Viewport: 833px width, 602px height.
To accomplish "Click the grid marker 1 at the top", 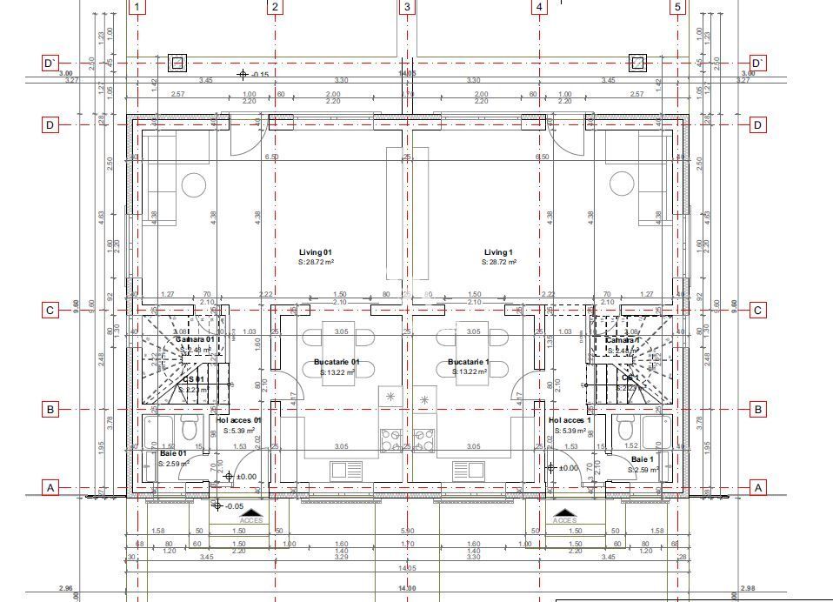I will tap(137, 8).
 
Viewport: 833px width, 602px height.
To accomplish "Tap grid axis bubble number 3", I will tap(407, 8).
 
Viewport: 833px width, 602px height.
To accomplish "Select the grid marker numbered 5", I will tap(678, 8).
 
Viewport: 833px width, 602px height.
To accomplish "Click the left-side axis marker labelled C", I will tap(50, 311).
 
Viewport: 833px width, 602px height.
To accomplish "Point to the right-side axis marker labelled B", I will tap(758, 409).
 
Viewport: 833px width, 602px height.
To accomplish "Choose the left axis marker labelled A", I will tap(50, 488).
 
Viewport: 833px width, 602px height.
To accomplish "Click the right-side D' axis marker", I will tap(758, 63).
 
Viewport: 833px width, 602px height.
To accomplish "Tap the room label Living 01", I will tap(316, 252).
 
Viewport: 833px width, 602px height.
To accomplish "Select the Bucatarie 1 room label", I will tap(469, 362).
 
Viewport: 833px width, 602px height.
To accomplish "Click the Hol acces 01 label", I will tap(238, 420).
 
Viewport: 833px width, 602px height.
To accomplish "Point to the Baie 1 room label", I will tap(642, 459).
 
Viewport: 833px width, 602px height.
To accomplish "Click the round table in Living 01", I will tap(194, 184).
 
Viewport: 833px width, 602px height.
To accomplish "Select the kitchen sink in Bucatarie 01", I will tap(346, 470).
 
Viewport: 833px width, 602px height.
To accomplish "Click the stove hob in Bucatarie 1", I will tap(424, 440).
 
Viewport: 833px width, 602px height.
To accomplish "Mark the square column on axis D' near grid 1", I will tap(177, 63).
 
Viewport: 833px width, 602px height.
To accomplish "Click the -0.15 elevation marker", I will tap(259, 75).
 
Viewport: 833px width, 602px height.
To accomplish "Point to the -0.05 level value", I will tap(234, 505).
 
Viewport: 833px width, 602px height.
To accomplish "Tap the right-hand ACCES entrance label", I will tap(565, 520).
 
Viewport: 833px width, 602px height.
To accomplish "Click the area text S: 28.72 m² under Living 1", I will tap(500, 262).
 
